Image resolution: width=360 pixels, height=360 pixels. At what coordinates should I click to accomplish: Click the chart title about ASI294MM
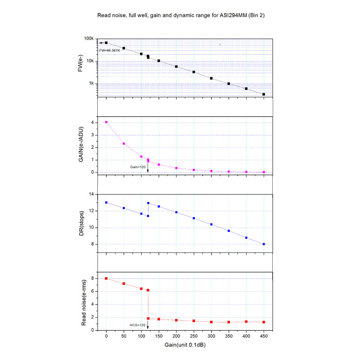point(180,15)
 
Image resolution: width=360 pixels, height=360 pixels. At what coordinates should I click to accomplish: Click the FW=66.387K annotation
point(110,50)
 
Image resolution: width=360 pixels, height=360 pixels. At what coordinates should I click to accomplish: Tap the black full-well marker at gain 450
point(264,94)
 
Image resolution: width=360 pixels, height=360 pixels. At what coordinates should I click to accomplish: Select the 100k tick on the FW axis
point(90,39)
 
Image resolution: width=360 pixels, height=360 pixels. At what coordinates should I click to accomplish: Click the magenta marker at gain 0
point(106,122)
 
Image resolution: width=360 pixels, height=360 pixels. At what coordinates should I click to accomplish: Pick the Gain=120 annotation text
point(138,167)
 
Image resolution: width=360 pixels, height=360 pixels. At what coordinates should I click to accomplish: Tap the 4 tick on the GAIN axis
point(92,122)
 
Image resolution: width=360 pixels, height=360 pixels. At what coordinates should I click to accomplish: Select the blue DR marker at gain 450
point(264,244)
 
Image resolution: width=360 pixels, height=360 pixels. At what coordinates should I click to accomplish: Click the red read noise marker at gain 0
point(106,279)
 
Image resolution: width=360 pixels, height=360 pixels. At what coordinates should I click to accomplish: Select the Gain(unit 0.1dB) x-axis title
point(184,345)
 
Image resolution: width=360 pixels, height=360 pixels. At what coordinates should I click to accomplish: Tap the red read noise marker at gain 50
point(124,283)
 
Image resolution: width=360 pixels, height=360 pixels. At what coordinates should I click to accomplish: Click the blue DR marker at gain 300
point(211,224)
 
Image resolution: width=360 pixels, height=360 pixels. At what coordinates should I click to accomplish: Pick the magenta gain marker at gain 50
point(124,144)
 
